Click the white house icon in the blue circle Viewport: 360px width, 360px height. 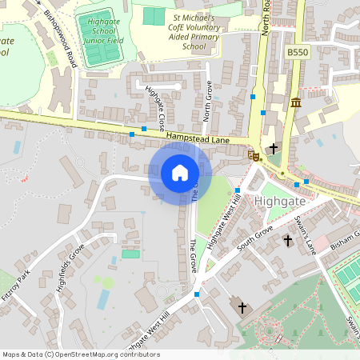click(180, 173)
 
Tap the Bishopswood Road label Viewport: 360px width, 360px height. click(61, 38)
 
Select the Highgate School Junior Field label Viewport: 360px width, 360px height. click(98, 30)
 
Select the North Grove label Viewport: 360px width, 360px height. click(209, 104)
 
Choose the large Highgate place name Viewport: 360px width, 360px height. click(279, 201)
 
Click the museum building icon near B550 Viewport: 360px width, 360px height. click(296, 102)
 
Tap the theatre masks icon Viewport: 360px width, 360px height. click(255, 156)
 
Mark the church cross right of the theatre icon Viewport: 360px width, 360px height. click(274, 148)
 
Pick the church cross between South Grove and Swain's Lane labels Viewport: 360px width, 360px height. click(288, 240)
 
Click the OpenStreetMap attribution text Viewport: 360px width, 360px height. click(81, 354)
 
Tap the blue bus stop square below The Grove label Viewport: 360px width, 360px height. click(197, 294)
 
